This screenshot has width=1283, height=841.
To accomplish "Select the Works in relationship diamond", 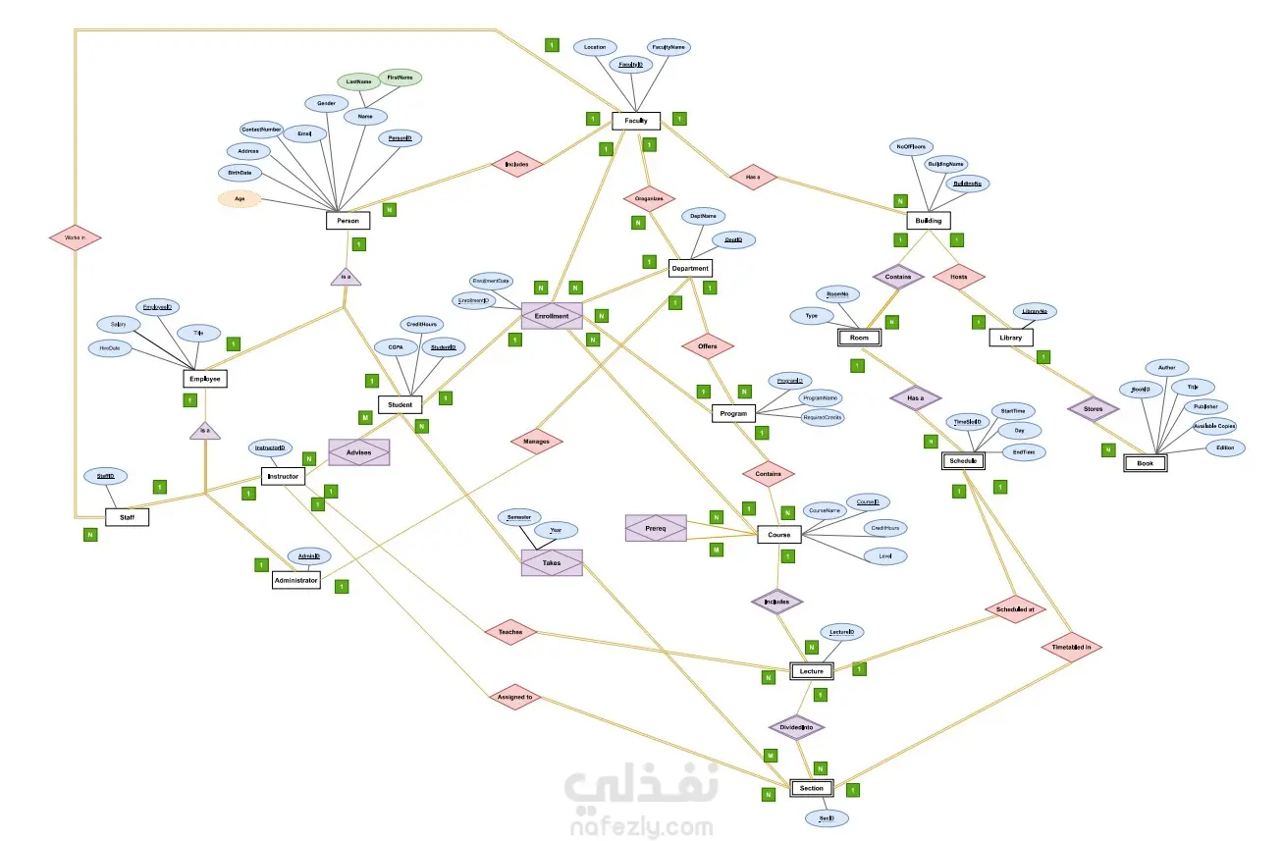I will click(x=76, y=237).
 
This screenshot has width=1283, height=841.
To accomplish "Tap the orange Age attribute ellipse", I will click(x=240, y=199).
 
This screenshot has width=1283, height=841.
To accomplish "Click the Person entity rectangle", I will click(x=347, y=221).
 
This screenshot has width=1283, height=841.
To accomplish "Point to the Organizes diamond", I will click(x=649, y=198).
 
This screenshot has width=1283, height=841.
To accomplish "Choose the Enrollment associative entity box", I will click(x=552, y=316).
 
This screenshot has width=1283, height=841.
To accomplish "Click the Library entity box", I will click(x=1010, y=338).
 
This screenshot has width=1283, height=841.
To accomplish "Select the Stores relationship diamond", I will click(x=1094, y=407).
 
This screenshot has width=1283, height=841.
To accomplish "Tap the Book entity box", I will click(x=1145, y=463).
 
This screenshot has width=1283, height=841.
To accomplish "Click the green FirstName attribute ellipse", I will click(x=401, y=77).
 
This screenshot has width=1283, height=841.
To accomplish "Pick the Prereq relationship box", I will click(x=656, y=528).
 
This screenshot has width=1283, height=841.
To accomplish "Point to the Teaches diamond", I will click(x=510, y=632).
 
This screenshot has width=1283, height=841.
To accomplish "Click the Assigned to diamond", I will click(x=514, y=698).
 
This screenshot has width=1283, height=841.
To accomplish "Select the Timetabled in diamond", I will click(x=1072, y=647).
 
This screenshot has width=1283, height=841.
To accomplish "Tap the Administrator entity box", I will click(x=295, y=580).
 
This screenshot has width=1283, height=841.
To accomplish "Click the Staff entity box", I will click(x=128, y=516).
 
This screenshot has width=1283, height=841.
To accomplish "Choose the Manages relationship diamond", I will click(x=537, y=442).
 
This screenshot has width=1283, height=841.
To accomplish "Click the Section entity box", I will click(x=812, y=788).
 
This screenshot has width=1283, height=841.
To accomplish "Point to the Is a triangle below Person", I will click(x=346, y=277).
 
